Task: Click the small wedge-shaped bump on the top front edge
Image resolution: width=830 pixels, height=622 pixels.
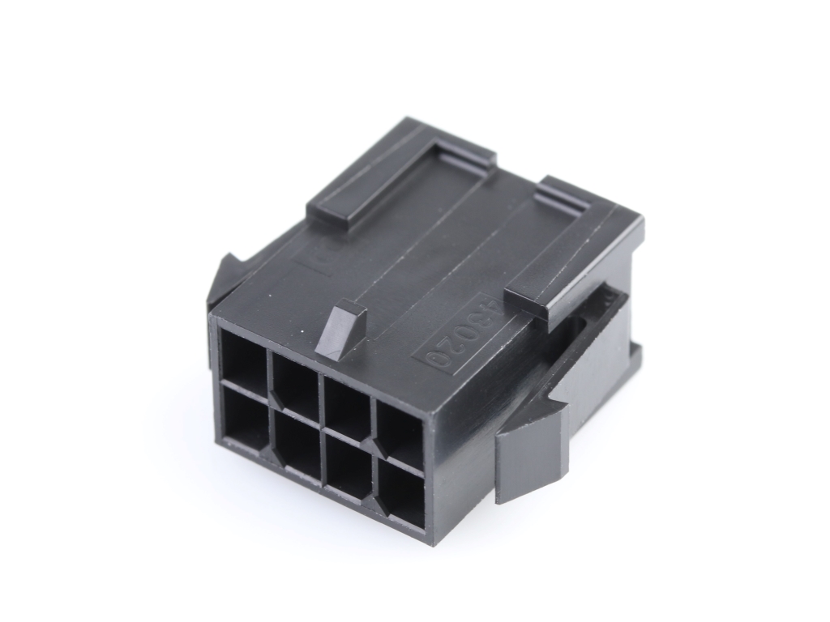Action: pos(340,328)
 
